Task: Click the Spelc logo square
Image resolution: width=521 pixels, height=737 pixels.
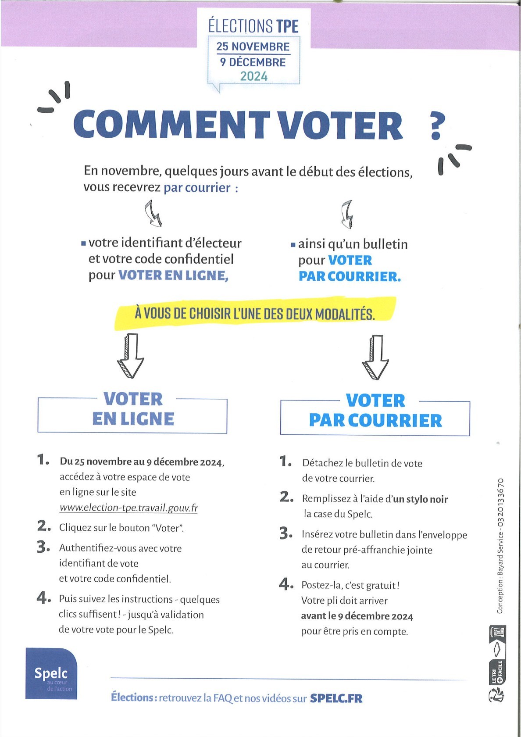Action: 51,673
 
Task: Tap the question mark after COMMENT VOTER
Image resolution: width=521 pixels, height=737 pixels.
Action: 436,126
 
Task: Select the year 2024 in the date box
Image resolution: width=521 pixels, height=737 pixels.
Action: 253,76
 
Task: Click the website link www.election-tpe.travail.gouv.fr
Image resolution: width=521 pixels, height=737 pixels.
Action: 128,508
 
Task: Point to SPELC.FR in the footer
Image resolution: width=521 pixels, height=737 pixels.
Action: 336,698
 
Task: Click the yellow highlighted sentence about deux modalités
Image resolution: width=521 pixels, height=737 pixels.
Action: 254,313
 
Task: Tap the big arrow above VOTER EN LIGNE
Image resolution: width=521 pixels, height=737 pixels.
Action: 130,355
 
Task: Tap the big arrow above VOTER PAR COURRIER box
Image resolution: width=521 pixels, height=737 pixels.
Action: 375,357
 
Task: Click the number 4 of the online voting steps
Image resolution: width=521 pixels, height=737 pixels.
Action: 43,597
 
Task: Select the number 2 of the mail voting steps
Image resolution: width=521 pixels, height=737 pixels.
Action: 286,497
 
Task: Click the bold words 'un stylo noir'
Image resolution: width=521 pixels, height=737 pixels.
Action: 420,499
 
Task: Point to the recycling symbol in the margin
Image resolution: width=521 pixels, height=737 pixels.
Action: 496,695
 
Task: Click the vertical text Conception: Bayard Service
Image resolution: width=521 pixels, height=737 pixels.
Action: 500,546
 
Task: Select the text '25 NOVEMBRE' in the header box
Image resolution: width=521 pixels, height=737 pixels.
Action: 253,47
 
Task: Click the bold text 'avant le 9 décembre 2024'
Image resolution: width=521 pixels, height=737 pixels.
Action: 357,616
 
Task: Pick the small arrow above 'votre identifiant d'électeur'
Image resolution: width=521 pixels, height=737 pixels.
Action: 153,213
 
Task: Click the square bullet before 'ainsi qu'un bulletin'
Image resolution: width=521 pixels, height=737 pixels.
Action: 293,245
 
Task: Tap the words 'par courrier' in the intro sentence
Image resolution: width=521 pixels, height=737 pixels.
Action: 197,188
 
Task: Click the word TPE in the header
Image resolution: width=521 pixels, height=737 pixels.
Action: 287,26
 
